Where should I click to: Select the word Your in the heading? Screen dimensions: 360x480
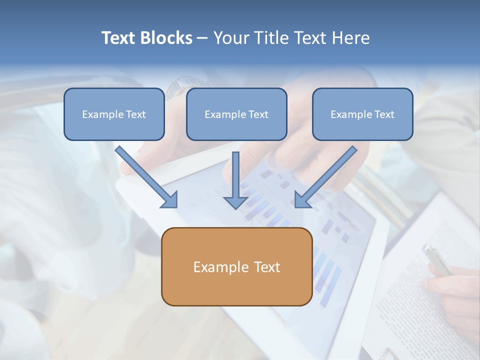coord(230,38)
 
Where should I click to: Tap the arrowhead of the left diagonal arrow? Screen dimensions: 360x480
coord(170,200)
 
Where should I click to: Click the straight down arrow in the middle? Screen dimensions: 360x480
coord(235,180)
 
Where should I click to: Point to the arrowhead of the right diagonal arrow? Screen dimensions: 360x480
coord(302,200)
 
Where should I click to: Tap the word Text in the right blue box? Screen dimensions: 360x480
coord(384,114)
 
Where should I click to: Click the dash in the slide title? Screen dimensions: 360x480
coord(202,38)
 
